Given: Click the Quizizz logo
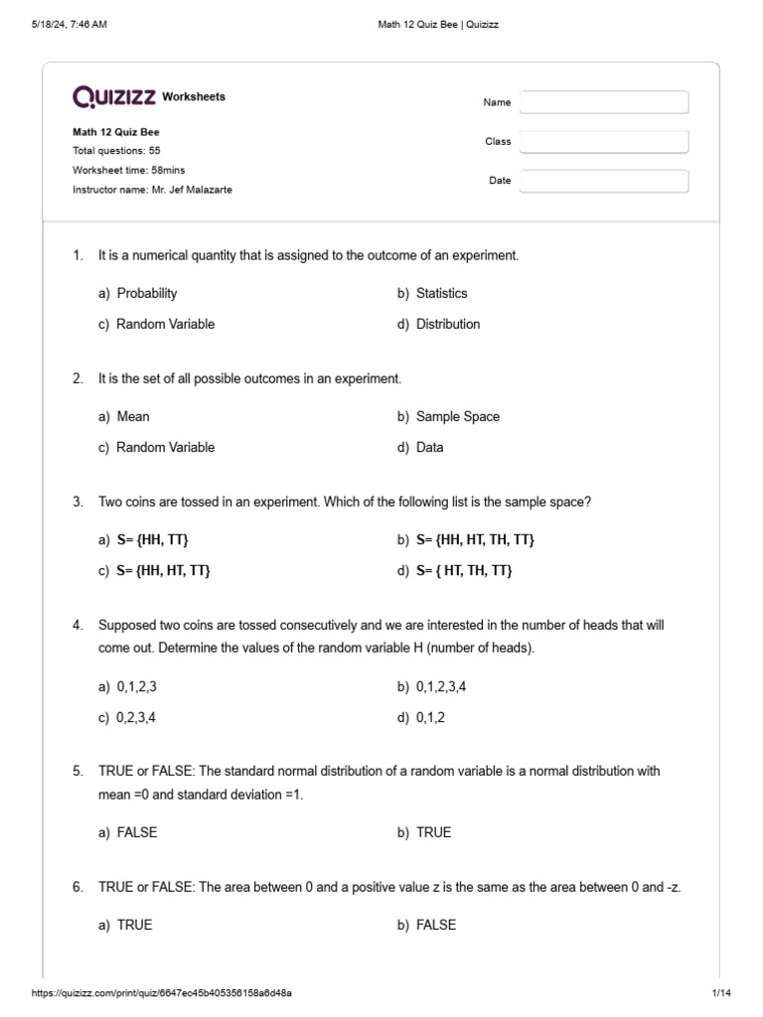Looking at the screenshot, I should (x=113, y=96).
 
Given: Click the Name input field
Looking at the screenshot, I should (x=604, y=102).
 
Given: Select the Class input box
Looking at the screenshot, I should (x=604, y=142).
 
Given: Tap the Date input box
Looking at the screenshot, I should (x=604, y=181).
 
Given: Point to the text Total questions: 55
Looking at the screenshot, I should (x=116, y=151).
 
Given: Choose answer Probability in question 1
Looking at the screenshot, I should (x=146, y=293).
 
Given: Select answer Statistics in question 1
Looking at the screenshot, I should (x=441, y=293).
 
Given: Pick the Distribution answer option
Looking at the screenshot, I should (x=447, y=324).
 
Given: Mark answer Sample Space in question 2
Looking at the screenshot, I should (x=457, y=416).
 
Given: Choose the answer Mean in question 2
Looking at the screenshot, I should (x=133, y=416).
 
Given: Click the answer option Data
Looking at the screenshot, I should (x=429, y=447).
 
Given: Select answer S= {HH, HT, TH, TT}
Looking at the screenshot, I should (x=475, y=539).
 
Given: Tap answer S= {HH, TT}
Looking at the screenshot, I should (x=152, y=539).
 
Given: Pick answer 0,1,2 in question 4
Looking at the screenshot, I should (x=430, y=717).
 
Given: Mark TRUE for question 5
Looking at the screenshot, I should (x=433, y=832).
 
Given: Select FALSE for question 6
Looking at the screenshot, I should (x=435, y=925).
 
